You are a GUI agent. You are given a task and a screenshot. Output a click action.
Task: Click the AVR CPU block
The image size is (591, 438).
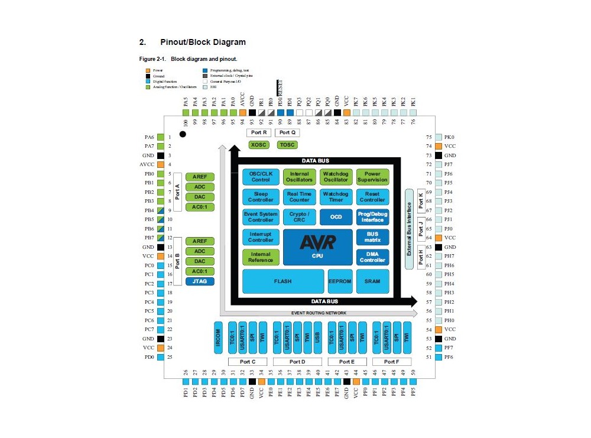coord(318,246)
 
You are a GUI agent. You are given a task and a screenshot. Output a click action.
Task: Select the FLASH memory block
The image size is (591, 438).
coord(282,281)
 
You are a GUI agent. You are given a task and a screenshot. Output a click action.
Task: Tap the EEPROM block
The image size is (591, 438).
coord(339,281)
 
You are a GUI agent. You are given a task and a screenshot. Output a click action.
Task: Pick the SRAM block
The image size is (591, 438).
coord(372,281)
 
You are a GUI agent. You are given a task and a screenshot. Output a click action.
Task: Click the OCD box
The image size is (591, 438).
coord(336,217)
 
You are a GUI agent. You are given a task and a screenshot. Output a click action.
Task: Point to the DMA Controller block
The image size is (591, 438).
coord(372,257)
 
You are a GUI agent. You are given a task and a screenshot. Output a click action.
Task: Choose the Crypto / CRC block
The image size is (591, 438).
coord(299,217)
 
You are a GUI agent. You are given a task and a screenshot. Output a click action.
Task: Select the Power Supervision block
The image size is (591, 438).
coord(372,177)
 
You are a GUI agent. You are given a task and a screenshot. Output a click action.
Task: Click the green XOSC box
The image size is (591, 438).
coord(258,145)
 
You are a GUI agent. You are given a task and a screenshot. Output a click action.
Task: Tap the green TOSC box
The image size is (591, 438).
coord(287,145)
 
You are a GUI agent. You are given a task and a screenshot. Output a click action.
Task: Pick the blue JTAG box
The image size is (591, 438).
coord(200,281)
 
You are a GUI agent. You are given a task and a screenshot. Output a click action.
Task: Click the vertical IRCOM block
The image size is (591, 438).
coord(218,339)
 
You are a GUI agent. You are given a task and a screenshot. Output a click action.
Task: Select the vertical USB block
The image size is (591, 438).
coord(317,338)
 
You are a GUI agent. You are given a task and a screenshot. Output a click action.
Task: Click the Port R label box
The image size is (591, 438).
coord(258,132)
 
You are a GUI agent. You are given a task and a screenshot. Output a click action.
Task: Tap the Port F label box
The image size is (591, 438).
coord(390,362)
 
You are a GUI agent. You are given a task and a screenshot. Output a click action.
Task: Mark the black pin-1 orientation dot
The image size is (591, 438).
coord(183,134)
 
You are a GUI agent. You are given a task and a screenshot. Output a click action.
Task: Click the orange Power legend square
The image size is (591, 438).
coord(148,71)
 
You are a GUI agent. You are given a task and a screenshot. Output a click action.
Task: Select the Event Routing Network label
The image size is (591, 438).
coord(319,313)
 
